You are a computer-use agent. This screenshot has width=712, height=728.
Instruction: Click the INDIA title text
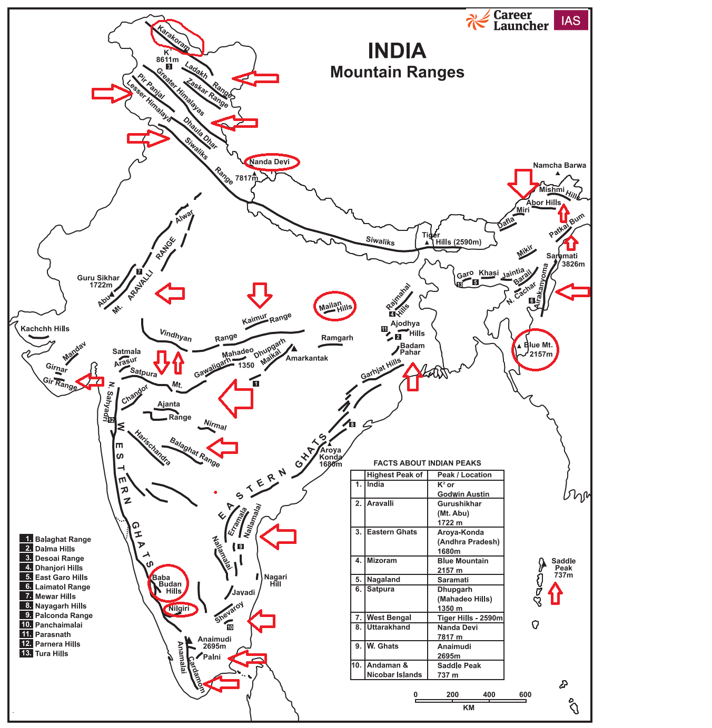pos(397,51)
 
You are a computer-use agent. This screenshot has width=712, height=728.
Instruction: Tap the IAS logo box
pos(570,21)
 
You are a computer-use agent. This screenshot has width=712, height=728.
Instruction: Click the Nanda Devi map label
pos(270,162)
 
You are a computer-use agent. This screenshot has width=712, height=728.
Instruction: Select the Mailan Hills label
pos(336,307)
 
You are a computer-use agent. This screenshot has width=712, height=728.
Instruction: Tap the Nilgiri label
pos(179,609)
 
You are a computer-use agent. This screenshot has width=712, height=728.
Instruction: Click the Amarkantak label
pos(306,358)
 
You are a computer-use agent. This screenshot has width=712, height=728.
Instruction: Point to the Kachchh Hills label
pos(45,329)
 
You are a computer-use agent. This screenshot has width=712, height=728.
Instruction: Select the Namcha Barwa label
pos(559,165)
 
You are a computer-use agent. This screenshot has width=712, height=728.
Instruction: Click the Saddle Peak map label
pos(563,568)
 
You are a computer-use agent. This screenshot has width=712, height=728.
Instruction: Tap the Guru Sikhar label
pos(98,281)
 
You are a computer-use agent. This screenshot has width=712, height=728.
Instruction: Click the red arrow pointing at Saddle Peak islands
pos(555,594)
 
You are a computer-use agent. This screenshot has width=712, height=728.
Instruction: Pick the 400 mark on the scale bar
pos(489,694)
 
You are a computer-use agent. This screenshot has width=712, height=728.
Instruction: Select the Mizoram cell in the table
pos(382,561)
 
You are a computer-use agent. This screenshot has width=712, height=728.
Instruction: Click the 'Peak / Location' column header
pos(464,475)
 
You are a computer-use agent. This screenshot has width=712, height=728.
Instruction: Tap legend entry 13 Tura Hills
pos(51,653)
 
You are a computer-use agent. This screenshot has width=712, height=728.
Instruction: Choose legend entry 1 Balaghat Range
pos(63,539)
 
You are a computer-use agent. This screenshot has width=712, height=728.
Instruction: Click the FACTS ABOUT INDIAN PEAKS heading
pos(427,463)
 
